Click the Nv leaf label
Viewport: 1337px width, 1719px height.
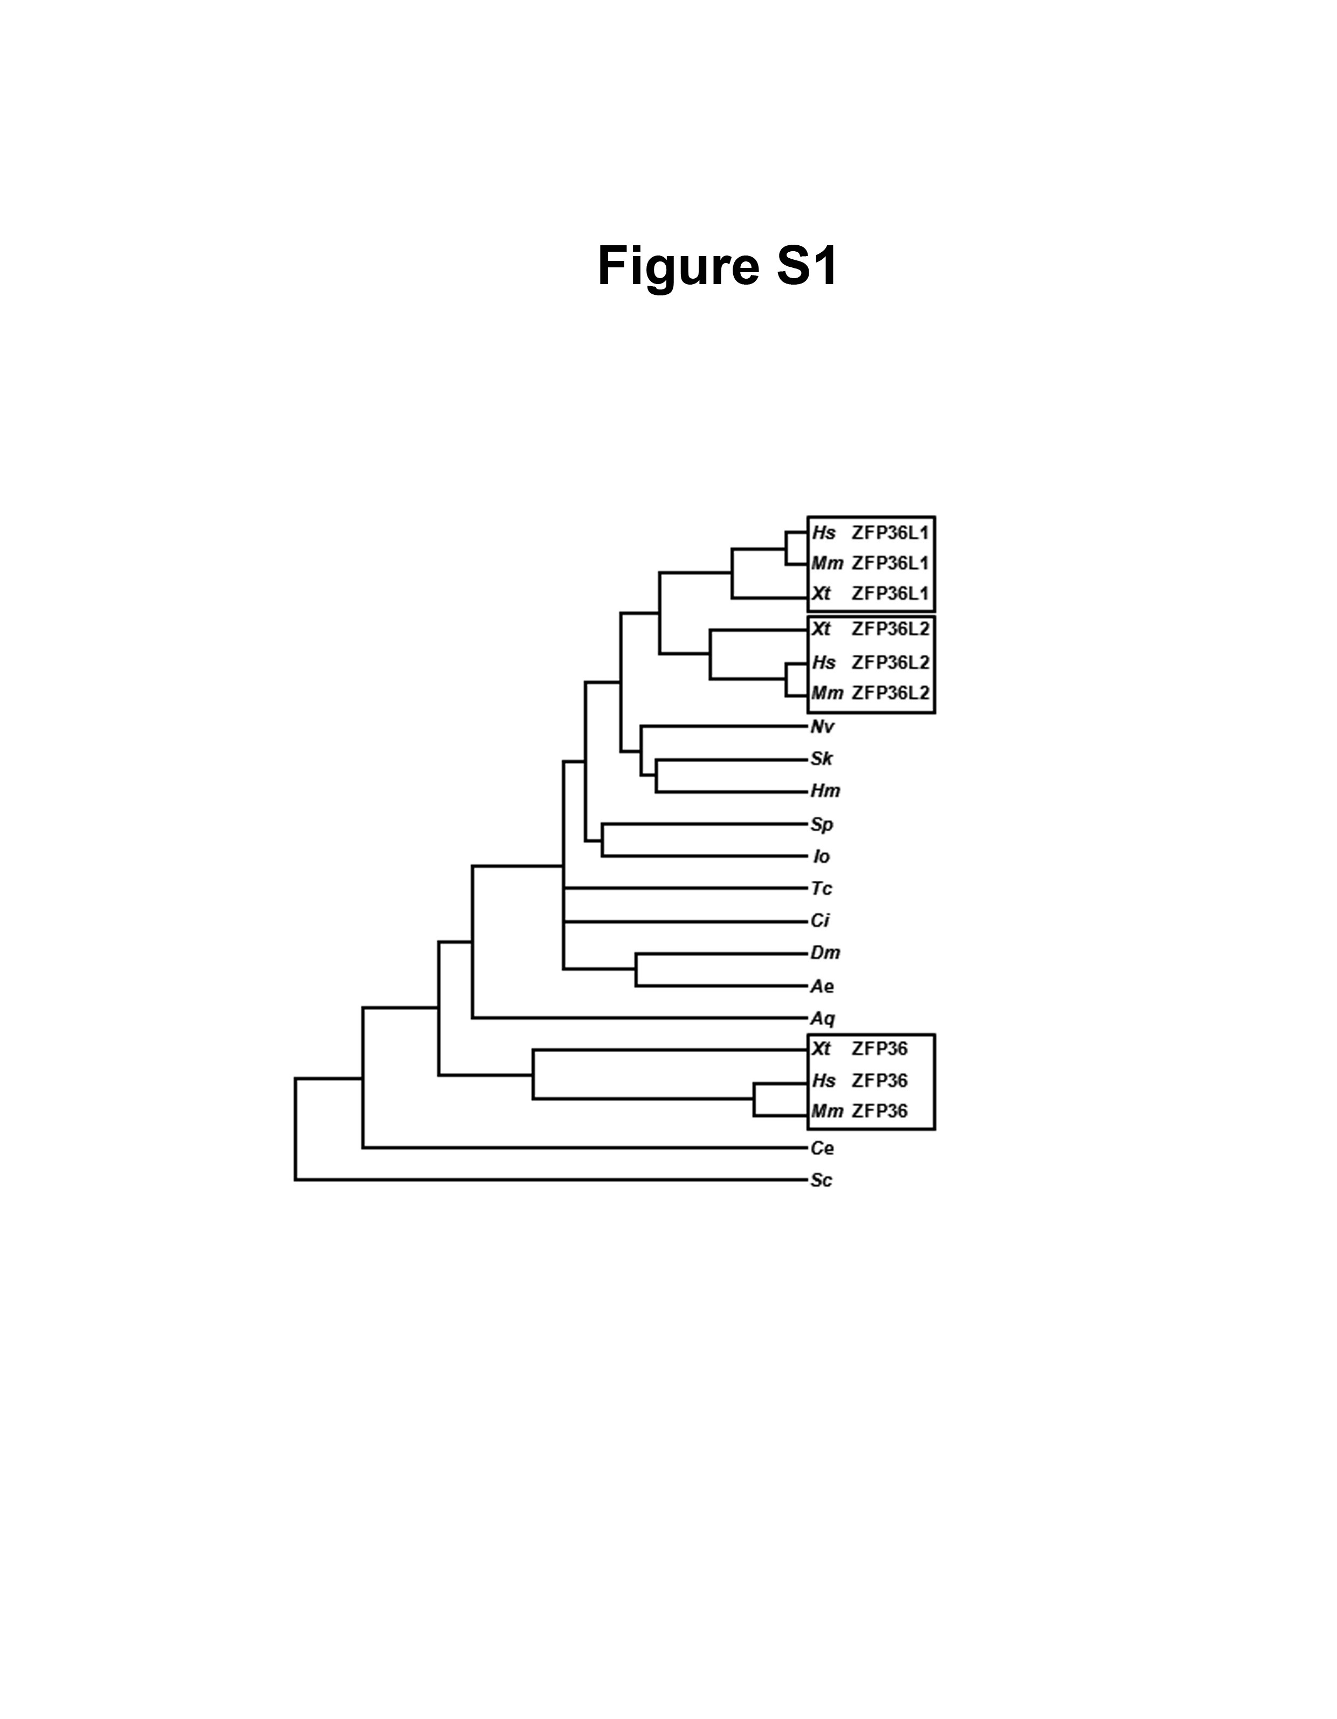(823, 727)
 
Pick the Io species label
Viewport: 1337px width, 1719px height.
(821, 857)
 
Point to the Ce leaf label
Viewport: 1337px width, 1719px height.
(823, 1148)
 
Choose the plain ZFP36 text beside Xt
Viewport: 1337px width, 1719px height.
(879, 1049)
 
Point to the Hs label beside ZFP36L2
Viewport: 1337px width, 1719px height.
(824, 662)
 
